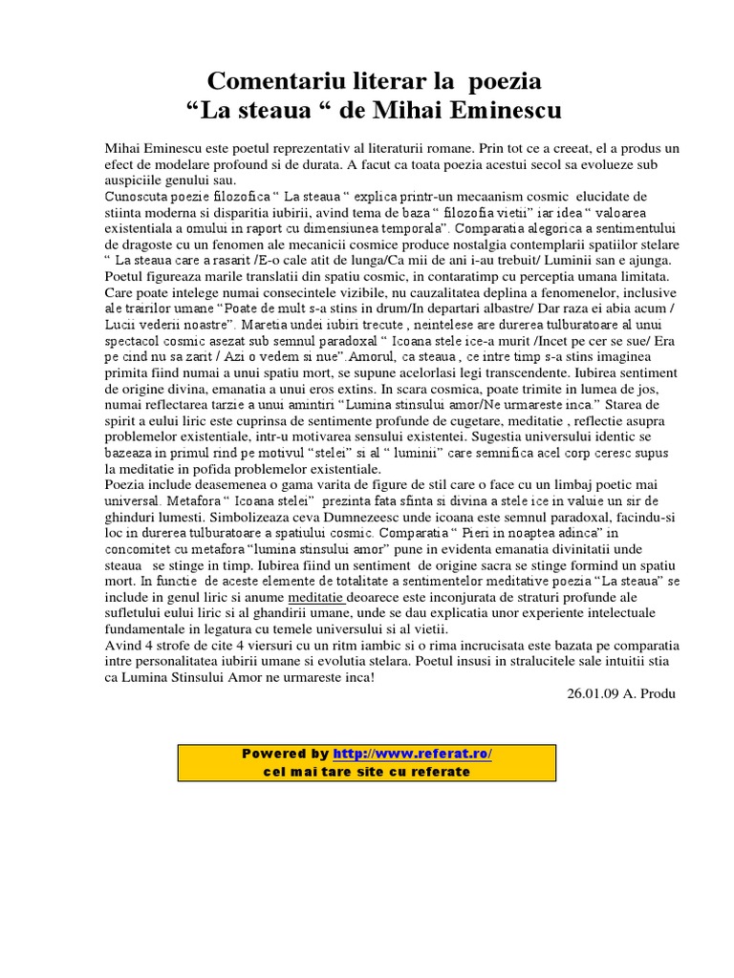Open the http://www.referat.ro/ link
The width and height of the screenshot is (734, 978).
click(x=412, y=754)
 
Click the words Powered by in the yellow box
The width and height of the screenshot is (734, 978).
click(x=285, y=754)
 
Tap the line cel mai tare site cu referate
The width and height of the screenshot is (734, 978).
click(x=366, y=771)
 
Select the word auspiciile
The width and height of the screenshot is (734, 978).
click(x=136, y=180)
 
